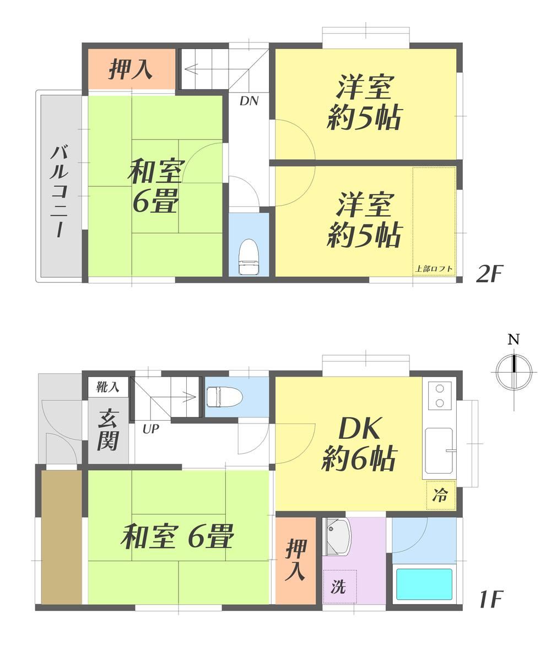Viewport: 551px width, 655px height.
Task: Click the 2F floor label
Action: pos(490,273)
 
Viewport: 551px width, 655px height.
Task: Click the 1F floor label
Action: pos(490,599)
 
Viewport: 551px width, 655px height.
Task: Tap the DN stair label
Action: pos(249,101)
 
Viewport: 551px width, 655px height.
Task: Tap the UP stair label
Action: pos(150,428)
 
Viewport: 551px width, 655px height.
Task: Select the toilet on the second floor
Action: pos(249,256)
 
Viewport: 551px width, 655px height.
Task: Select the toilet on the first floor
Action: pos(225,396)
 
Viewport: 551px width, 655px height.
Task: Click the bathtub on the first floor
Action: pos(424,584)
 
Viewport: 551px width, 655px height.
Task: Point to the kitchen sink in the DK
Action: pos(439,450)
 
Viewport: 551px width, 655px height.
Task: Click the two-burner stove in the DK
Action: pos(440,395)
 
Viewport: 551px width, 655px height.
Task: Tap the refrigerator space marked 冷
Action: pos(440,495)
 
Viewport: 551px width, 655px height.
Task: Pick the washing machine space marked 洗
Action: pos(339,587)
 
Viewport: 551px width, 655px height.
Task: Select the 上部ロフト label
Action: pos(434,269)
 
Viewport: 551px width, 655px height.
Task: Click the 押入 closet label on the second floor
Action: pos(130,69)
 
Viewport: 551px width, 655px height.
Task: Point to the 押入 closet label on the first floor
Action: pos(296,560)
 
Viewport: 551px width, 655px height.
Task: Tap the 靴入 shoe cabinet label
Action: pos(107,387)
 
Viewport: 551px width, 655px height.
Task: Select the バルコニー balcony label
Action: pos(59,191)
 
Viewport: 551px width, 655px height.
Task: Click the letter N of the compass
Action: pos(514,339)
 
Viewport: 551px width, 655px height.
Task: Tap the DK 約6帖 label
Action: pos(359,444)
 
